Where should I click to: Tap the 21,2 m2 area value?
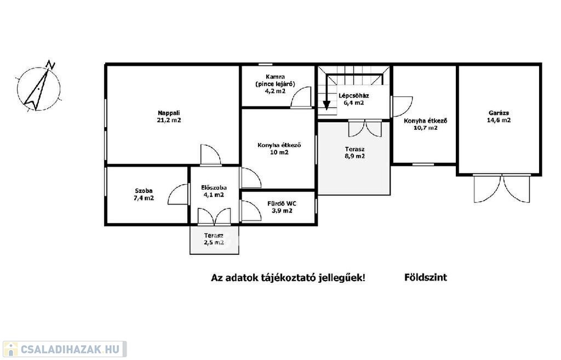(169, 120)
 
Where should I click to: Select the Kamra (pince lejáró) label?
(275, 81)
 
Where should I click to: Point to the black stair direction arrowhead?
(327, 105)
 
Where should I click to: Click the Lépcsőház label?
(354, 95)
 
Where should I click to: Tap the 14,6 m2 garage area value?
(499, 120)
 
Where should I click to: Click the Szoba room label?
(144, 191)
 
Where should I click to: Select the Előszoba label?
(214, 187)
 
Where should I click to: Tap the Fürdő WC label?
(282, 204)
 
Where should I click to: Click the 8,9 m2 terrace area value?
(355, 156)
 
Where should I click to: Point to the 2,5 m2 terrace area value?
(214, 243)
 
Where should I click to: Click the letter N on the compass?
(50, 65)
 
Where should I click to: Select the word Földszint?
(426, 277)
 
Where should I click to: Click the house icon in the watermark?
(10, 349)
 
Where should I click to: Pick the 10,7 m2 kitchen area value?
(426, 128)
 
